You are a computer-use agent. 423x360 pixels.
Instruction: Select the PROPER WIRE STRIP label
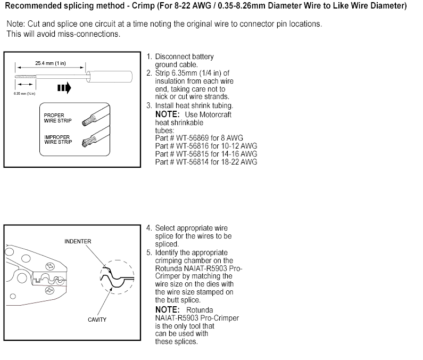tap(54, 118)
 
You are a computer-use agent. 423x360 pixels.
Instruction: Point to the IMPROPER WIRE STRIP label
tap(57, 140)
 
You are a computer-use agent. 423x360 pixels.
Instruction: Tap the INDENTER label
tap(78, 241)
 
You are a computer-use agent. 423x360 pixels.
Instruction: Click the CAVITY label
tap(97, 320)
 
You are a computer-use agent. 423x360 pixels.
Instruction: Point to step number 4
tap(149, 228)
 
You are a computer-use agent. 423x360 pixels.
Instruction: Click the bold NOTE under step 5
tap(165, 309)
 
